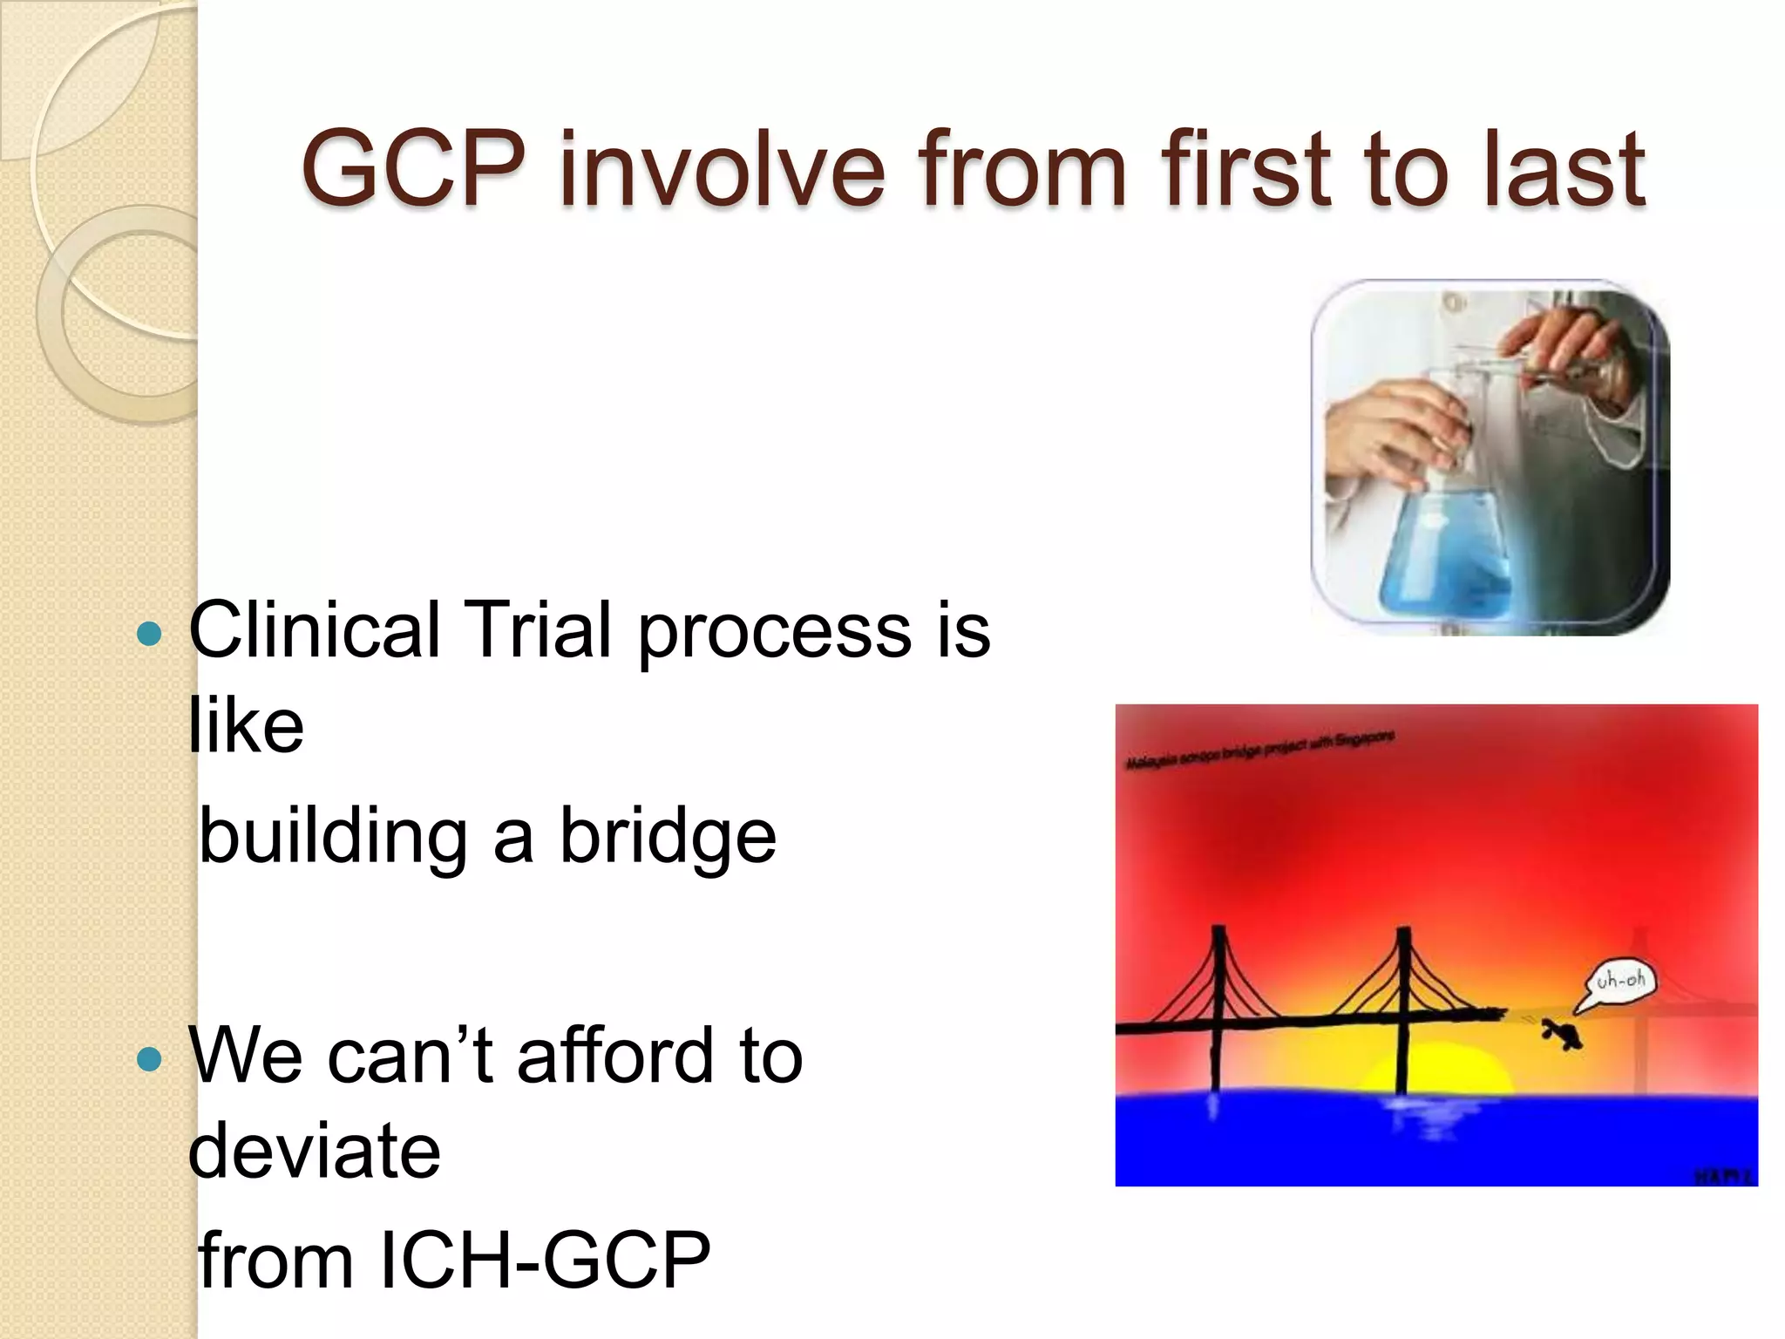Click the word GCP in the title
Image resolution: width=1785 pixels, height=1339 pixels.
point(413,168)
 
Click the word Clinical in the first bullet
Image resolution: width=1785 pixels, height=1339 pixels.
point(314,629)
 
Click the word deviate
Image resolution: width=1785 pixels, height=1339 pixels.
point(315,1151)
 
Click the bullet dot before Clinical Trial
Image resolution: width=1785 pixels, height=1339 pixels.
point(150,634)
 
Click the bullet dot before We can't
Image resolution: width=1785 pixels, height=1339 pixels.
point(150,1059)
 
